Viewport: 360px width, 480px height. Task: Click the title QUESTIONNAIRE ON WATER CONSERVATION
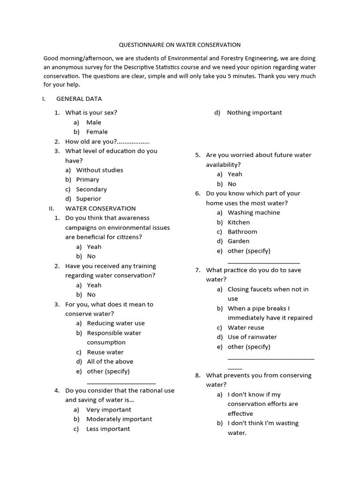tap(180, 45)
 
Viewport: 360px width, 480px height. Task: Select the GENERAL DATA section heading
tap(79, 99)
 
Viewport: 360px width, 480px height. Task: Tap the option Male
tap(94, 122)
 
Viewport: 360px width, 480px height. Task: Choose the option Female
tap(97, 132)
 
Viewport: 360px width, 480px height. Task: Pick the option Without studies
tap(99, 170)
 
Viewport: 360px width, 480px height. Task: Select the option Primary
tap(88, 180)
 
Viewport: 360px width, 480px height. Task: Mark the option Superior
tap(89, 199)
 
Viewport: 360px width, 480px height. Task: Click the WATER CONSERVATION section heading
tap(100, 209)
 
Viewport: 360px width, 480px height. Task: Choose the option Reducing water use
tap(116, 323)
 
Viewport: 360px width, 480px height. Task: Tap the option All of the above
tap(110, 362)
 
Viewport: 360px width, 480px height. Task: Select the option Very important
tap(109, 410)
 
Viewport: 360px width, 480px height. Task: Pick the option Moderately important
tap(119, 419)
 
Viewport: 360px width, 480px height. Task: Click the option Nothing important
tap(255, 112)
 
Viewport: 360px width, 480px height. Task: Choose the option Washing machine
tap(254, 213)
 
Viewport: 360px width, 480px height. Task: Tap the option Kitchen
tap(239, 222)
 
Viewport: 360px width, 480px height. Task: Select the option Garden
tap(239, 241)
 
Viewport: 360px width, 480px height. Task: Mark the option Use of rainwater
tap(252, 337)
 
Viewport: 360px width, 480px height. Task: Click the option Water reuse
tap(246, 328)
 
